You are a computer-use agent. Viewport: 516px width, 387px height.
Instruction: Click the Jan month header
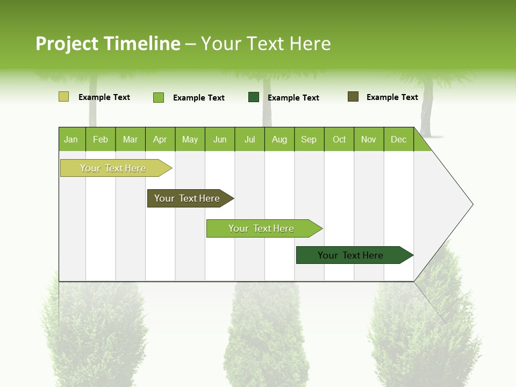[x=71, y=139]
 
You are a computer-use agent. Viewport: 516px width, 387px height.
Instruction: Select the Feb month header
[x=101, y=139]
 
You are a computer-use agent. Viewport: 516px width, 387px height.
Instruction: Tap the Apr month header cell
[x=160, y=139]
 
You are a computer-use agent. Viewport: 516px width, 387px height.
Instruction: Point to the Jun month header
[x=220, y=139]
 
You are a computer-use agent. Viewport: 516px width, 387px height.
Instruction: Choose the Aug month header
[x=279, y=139]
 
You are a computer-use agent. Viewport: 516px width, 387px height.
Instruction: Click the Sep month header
[x=309, y=139]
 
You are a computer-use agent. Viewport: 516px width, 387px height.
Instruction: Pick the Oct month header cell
[x=339, y=139]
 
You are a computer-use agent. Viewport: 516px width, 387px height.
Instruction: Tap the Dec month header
[x=399, y=139]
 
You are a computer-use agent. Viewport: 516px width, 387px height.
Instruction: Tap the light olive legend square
[x=63, y=97]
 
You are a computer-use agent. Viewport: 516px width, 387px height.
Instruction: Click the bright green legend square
[x=159, y=97]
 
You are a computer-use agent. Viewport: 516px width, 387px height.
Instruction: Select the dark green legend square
[x=254, y=97]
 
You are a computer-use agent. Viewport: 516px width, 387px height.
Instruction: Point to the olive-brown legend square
[x=353, y=97]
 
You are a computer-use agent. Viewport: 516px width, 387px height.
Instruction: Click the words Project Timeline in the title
[x=108, y=44]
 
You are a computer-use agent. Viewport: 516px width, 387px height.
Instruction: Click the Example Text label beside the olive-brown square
[x=392, y=97]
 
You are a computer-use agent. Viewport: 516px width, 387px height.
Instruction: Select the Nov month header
[x=369, y=139]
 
